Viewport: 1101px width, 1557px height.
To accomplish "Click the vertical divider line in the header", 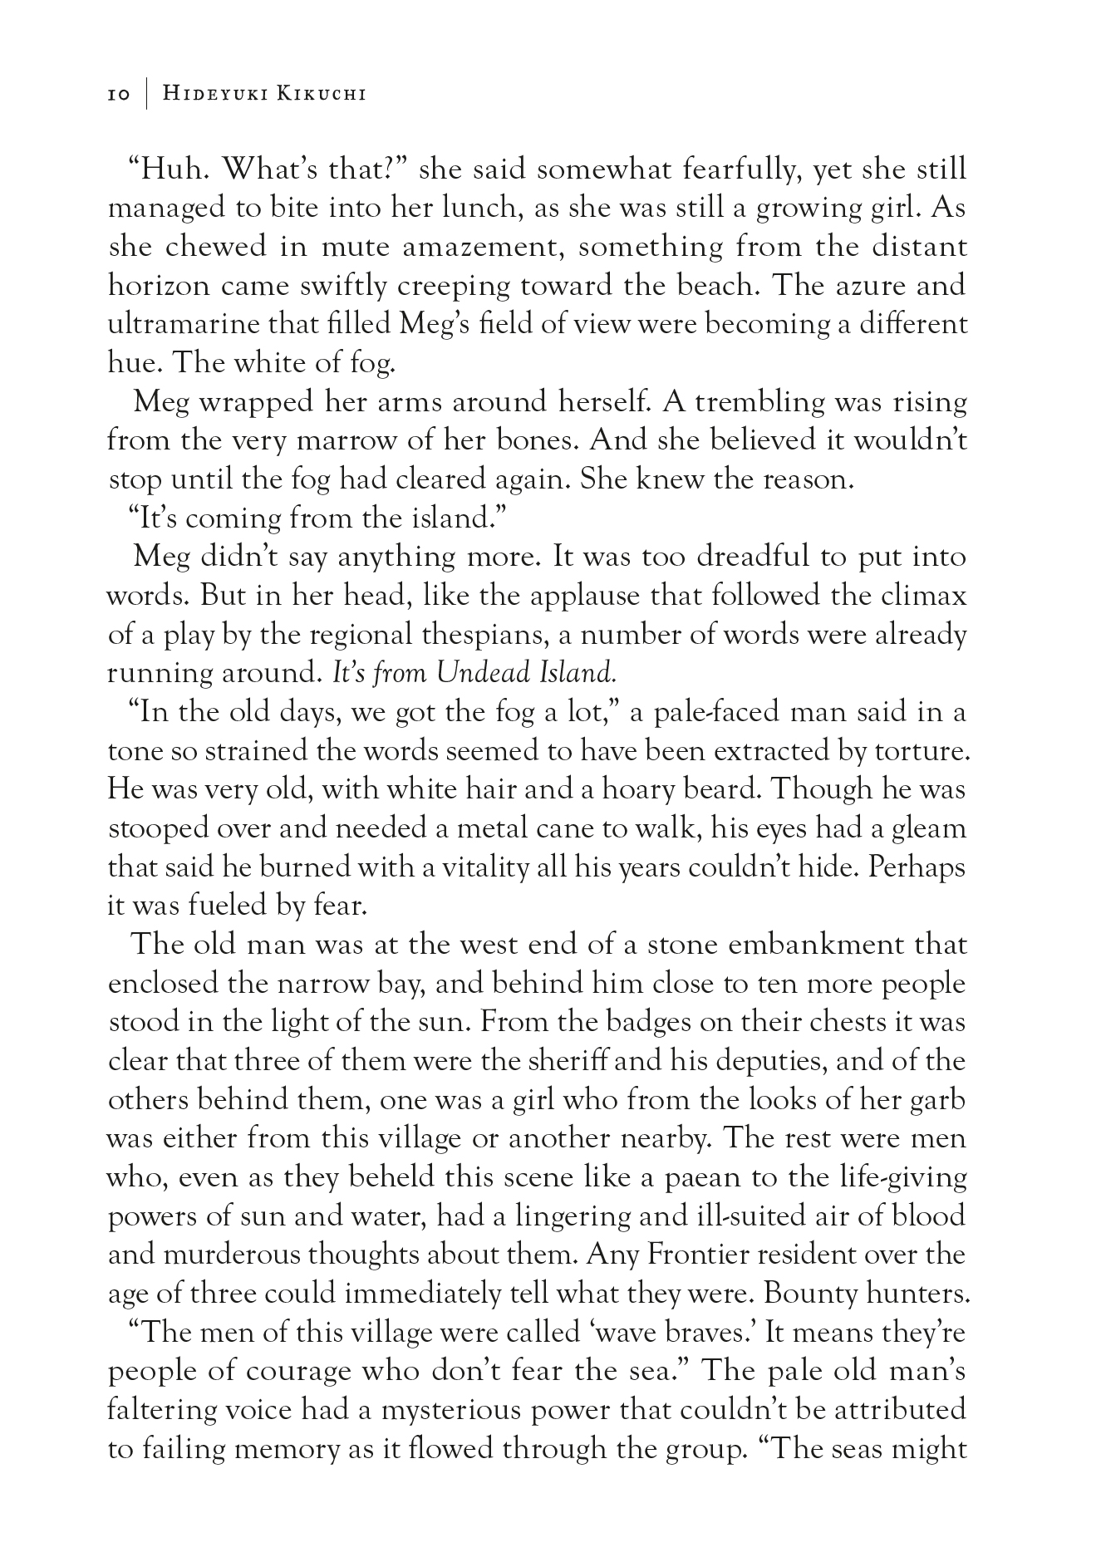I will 146,94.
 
